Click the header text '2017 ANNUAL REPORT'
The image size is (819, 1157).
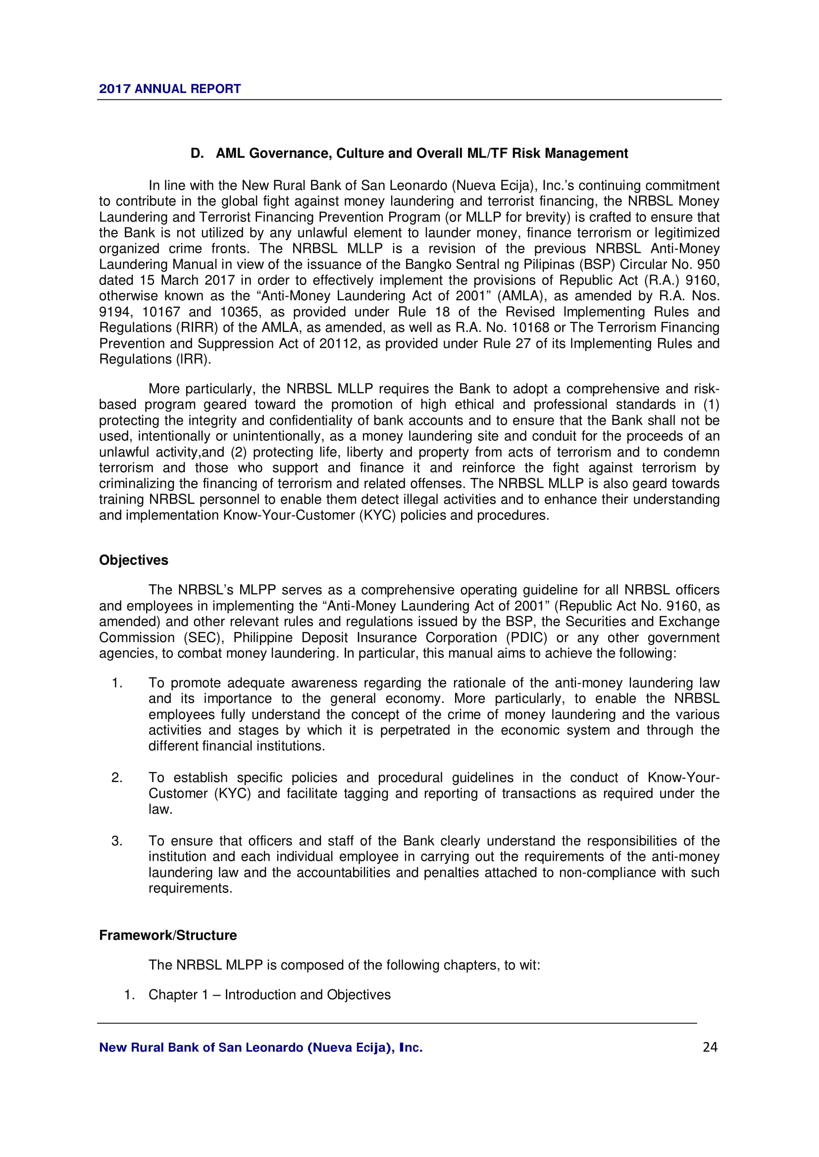pyautogui.click(x=169, y=89)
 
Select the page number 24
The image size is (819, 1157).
pyautogui.click(x=710, y=1047)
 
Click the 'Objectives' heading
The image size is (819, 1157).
pyautogui.click(x=134, y=560)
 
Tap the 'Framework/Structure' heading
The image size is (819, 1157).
pyautogui.click(x=168, y=935)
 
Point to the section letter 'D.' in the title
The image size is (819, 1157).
pyautogui.click(x=197, y=153)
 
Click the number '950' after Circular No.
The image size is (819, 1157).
pyautogui.click(x=708, y=265)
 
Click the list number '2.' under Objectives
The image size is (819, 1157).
pyautogui.click(x=117, y=778)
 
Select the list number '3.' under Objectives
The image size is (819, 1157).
pyautogui.click(x=117, y=841)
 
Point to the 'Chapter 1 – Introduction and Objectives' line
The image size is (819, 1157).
pyautogui.click(x=269, y=995)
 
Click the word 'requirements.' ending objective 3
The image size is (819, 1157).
pyautogui.click(x=190, y=888)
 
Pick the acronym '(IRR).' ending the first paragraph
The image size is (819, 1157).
pyautogui.click(x=193, y=359)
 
